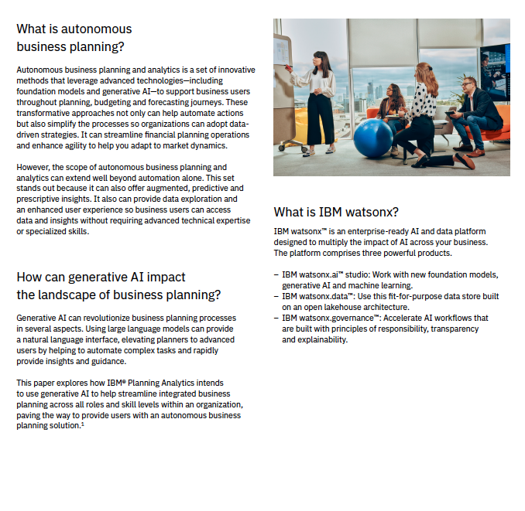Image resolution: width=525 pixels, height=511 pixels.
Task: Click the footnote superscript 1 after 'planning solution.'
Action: point(82,424)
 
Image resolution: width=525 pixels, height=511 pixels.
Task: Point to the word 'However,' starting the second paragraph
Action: point(33,167)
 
